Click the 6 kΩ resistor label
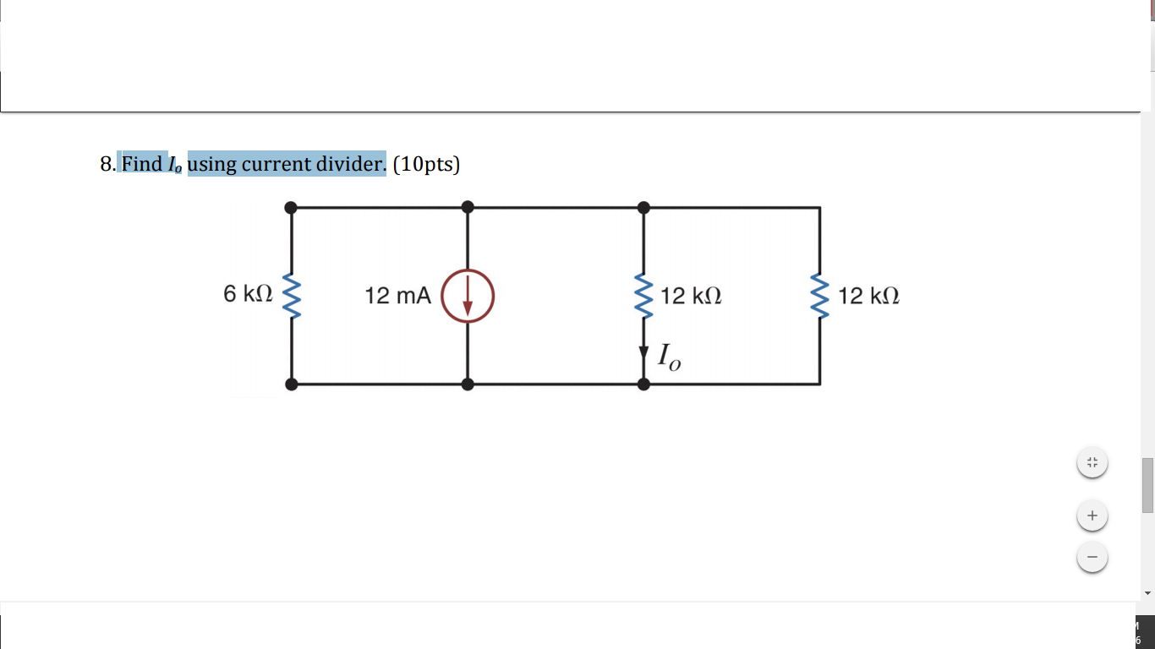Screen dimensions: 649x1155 click(x=248, y=294)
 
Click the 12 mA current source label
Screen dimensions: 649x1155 click(x=397, y=296)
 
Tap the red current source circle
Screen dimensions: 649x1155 click(x=468, y=296)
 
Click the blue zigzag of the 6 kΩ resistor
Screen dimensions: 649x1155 click(x=292, y=296)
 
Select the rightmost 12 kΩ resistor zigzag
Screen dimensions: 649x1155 click(x=819, y=296)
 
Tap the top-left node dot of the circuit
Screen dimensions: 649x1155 click(x=292, y=207)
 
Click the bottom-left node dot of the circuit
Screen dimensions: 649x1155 click(x=292, y=384)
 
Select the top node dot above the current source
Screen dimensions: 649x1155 click(x=468, y=207)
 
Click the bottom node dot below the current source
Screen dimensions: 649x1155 click(x=468, y=384)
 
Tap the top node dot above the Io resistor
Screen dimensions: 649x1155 click(x=643, y=207)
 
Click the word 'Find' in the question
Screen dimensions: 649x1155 click(x=142, y=163)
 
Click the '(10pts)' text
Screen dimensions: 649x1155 click(x=426, y=163)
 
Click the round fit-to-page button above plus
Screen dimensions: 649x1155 click(x=1092, y=462)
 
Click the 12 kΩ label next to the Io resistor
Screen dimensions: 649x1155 click(x=691, y=296)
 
